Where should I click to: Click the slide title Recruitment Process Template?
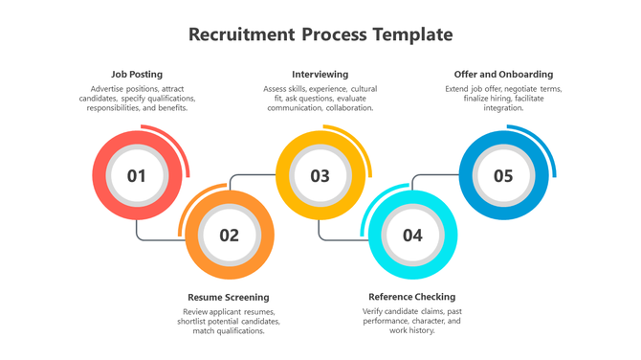pyautogui.click(x=320, y=35)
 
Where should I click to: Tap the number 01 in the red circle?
pyautogui.click(x=137, y=176)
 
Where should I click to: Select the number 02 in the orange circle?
pyautogui.click(x=229, y=236)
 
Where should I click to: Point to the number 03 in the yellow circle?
pyautogui.click(x=320, y=176)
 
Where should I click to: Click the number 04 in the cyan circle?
pyautogui.click(x=412, y=236)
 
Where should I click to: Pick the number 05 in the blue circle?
pyautogui.click(x=503, y=176)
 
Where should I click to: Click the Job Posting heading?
pyautogui.click(x=137, y=74)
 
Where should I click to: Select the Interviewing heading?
pyautogui.click(x=320, y=74)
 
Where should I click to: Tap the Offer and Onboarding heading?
pyautogui.click(x=503, y=74)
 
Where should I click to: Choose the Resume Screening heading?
pyautogui.click(x=229, y=297)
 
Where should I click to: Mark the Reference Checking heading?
pyautogui.click(x=412, y=297)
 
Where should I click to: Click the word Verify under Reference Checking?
pyautogui.click(x=374, y=311)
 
